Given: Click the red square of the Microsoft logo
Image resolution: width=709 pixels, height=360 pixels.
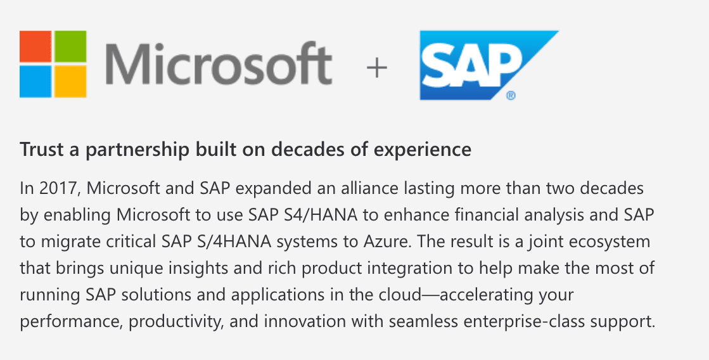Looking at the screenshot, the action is (x=35, y=46).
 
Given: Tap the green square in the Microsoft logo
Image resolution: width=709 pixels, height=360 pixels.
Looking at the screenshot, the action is (x=70, y=46).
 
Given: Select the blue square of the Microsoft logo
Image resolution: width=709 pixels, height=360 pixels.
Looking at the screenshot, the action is (x=35, y=82).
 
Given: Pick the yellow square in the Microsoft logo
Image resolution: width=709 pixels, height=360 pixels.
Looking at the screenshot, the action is (x=70, y=82).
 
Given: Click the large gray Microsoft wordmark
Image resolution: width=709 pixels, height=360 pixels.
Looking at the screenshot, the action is (x=219, y=64).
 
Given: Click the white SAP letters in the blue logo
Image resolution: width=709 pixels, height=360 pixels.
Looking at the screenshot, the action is (x=471, y=67).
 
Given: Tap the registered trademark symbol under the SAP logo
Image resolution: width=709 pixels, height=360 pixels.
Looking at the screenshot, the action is (x=511, y=96).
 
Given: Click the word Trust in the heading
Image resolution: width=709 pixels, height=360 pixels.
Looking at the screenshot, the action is (x=42, y=149).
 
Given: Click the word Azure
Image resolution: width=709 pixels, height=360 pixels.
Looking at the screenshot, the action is (x=387, y=241).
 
